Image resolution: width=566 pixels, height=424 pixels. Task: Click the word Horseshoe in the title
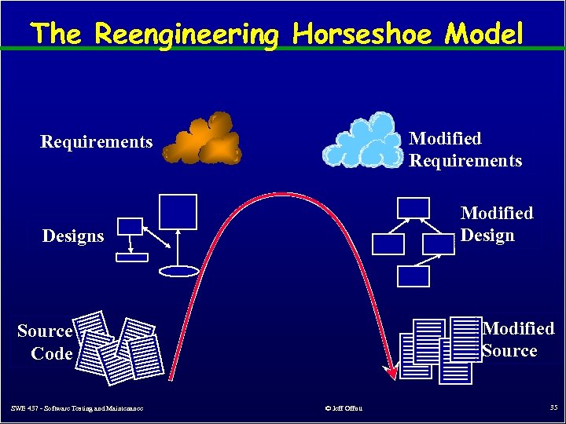(x=360, y=34)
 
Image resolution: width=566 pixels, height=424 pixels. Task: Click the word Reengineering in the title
(x=186, y=35)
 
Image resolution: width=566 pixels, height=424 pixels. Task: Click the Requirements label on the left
(x=96, y=142)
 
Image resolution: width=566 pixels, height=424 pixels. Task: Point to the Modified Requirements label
(x=465, y=150)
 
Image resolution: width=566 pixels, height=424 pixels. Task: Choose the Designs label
(x=73, y=236)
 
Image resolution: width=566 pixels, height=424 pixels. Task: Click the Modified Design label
(x=496, y=225)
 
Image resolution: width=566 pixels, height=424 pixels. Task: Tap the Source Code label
(x=45, y=342)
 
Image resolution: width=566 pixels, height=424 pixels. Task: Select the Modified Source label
(x=518, y=339)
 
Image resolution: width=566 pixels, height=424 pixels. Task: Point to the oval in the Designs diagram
(x=179, y=271)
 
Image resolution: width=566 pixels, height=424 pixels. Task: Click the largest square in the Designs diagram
(x=177, y=211)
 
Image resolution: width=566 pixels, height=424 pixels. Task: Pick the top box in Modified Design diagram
(x=413, y=207)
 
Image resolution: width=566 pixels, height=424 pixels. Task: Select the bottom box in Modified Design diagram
(x=413, y=276)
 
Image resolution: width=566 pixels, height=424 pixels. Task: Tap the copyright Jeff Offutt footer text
(x=343, y=408)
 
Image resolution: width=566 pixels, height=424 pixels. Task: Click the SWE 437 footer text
(x=77, y=408)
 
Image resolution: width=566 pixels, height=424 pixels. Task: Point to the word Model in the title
(x=484, y=34)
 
